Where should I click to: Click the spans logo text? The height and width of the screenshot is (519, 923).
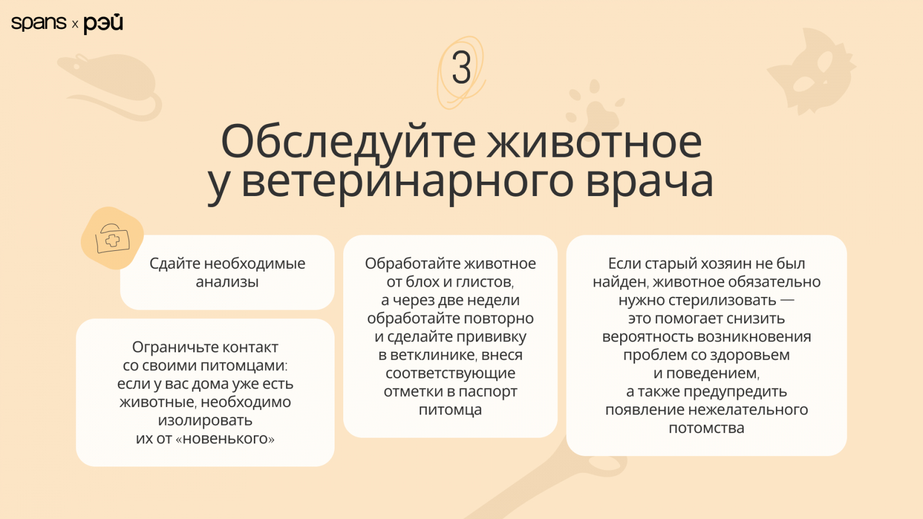click(x=39, y=23)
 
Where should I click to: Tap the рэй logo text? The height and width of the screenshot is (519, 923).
click(x=103, y=24)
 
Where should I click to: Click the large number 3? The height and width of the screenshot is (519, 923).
click(x=461, y=68)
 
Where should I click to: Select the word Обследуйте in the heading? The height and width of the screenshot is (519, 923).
click(x=348, y=141)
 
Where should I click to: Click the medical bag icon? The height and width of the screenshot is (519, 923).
click(x=112, y=239)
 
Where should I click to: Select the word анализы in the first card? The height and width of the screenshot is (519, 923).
click(x=227, y=282)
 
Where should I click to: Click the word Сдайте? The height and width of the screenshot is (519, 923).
click(x=175, y=264)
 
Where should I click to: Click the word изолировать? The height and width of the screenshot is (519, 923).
click(x=205, y=420)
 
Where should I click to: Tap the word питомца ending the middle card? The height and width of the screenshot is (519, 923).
click(x=450, y=410)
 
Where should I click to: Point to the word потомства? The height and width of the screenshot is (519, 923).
click(x=706, y=428)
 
